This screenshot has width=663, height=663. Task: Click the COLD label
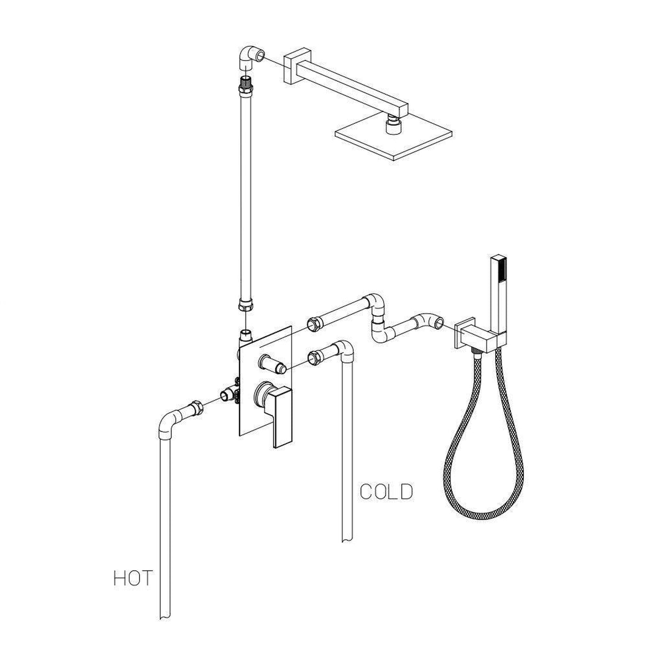pyautogui.click(x=386, y=492)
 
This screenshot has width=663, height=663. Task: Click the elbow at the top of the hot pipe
pyautogui.click(x=166, y=422)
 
